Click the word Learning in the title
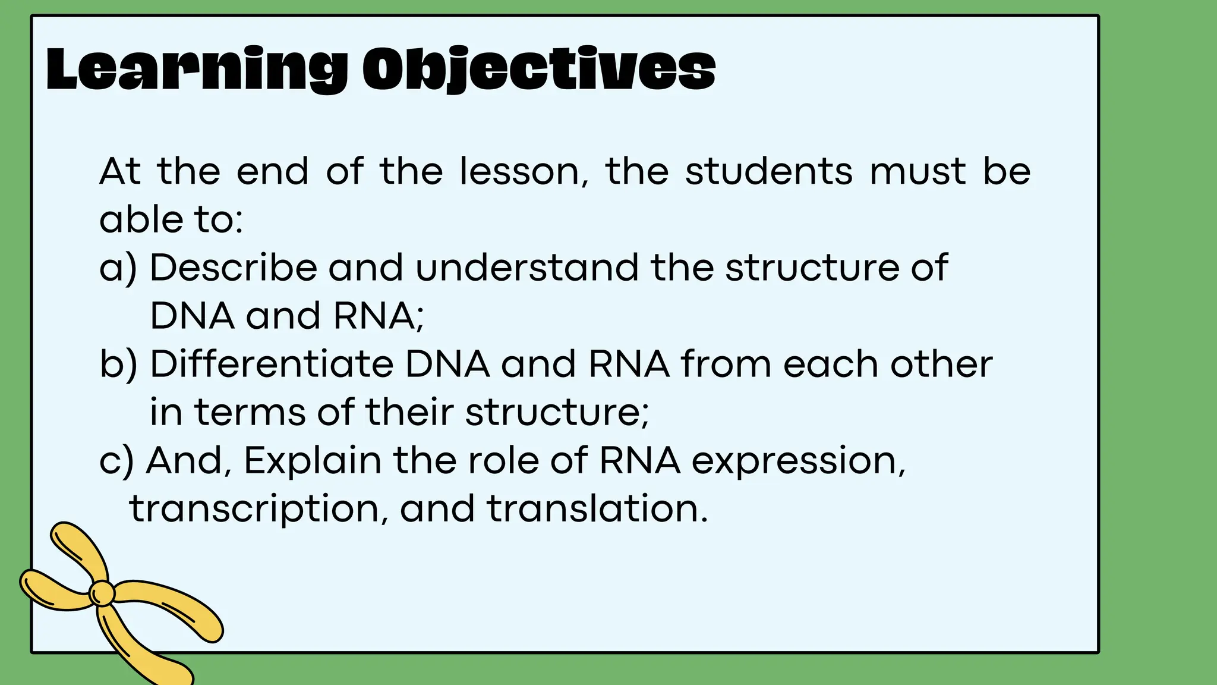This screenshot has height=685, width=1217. pos(196,70)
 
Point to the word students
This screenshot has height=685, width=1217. pos(769,172)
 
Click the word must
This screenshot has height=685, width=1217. pos(918,172)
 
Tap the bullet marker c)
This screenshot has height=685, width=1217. pos(116,461)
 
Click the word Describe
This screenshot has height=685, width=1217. pos(233,268)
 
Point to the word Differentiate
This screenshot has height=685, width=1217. pos(272,364)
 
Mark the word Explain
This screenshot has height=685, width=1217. pos(313,461)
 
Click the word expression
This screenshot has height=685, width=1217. pos(799,462)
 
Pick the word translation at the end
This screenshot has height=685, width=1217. pos(597,510)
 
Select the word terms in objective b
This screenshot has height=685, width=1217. pos(250,412)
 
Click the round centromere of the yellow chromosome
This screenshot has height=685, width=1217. pos(102,593)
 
